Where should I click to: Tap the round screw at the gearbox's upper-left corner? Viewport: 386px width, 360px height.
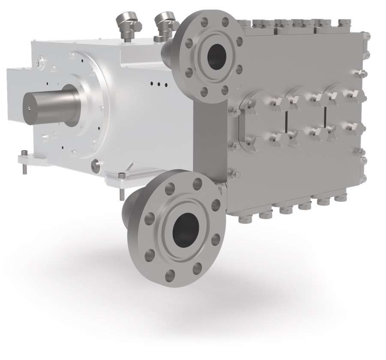tap(39, 63)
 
